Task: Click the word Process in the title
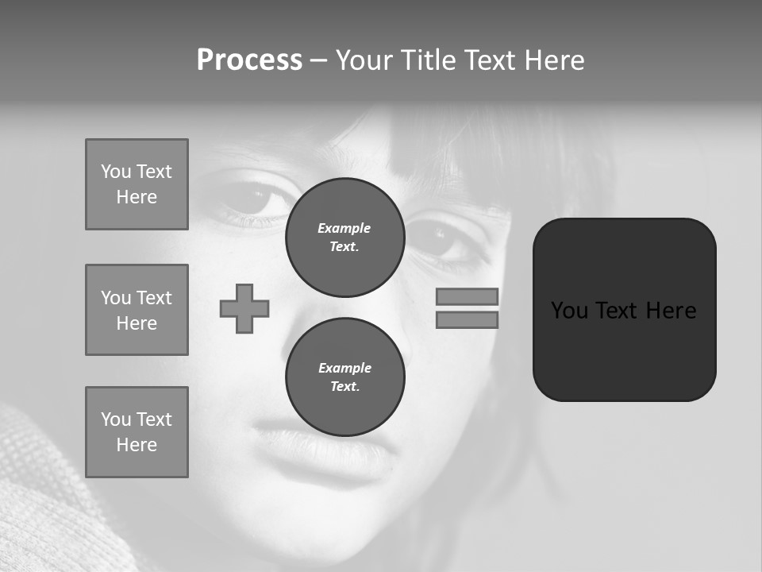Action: [x=249, y=60]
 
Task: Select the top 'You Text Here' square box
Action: [x=137, y=184]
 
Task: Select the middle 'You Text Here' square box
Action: [x=137, y=310]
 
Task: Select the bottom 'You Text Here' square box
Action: [x=137, y=432]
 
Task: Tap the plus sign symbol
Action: [x=244, y=308]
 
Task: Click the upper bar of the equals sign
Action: [x=467, y=296]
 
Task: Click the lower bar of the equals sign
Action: [x=467, y=319]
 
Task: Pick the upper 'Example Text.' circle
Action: [x=344, y=238]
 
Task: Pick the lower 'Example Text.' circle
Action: [x=344, y=377]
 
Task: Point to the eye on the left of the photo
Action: [x=252, y=199]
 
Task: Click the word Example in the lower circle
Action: [x=344, y=368]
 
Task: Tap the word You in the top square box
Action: [x=116, y=172]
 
